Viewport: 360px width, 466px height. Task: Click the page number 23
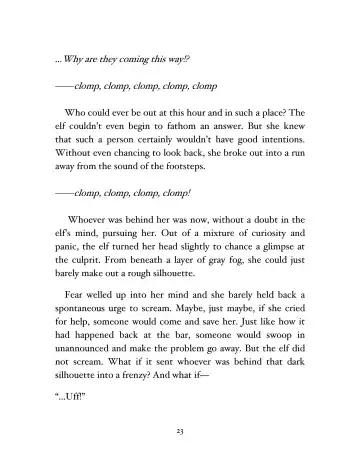pos(180,429)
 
